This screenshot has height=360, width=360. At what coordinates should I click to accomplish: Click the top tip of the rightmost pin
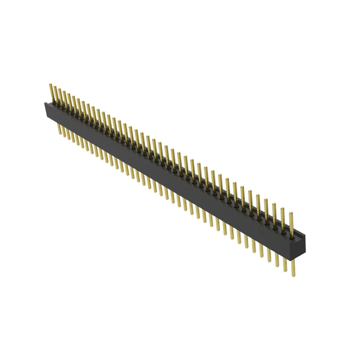pos(291,212)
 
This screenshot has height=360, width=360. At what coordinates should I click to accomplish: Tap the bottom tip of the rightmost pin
pos(293,275)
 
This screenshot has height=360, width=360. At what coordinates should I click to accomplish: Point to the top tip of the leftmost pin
pos(50,84)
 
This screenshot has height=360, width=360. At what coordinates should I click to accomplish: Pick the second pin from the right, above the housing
pos(283,219)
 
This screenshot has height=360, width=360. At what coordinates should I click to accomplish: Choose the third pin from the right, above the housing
pos(274,214)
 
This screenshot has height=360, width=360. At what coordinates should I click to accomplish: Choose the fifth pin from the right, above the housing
pos(258,205)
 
